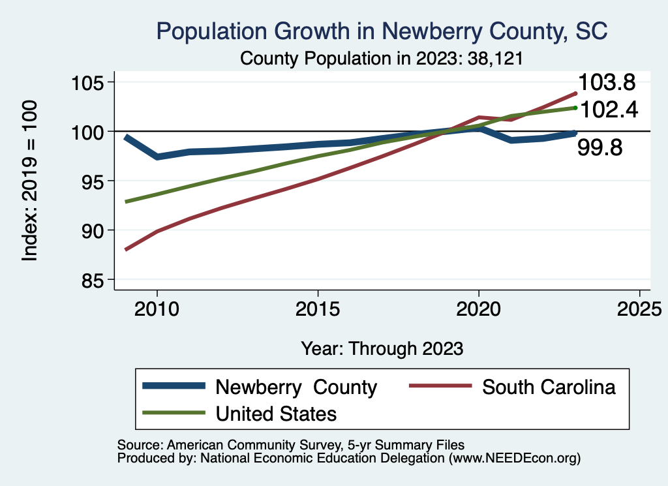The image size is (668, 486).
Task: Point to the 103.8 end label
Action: tap(609, 83)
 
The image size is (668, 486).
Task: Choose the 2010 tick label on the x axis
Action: tap(157, 309)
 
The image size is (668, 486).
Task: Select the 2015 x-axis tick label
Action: tap(318, 309)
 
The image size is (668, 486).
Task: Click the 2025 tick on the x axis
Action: tap(639, 309)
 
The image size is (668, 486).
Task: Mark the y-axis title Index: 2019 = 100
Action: tap(30, 181)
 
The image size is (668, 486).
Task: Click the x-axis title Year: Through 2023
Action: tap(382, 348)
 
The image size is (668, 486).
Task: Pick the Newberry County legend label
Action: tap(296, 387)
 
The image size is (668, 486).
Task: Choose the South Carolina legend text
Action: tap(549, 387)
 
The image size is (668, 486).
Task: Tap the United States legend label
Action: tap(276, 413)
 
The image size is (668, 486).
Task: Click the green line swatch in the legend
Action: tap(173, 413)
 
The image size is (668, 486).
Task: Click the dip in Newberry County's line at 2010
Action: tap(157, 157)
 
